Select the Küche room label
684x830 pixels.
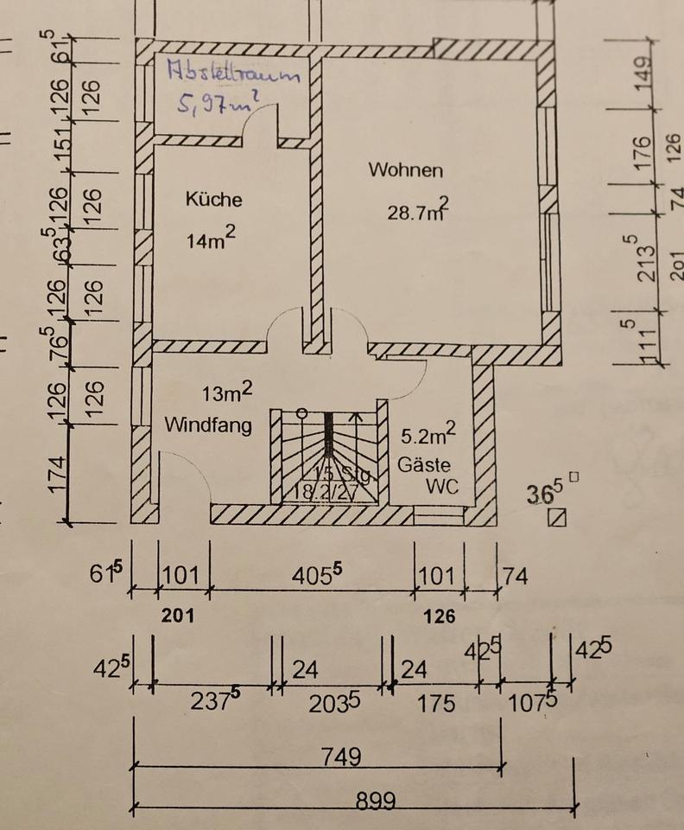[x=214, y=200]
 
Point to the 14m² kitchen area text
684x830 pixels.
[x=211, y=239]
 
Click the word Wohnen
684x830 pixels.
[x=405, y=170]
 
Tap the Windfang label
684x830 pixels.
[x=208, y=425]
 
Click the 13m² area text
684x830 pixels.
[x=227, y=393]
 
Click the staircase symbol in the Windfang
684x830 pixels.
[x=329, y=456]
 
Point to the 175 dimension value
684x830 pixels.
[x=436, y=704]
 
